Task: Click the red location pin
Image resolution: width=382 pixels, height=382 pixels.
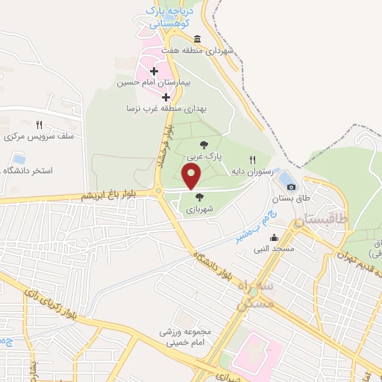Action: pos(192,176)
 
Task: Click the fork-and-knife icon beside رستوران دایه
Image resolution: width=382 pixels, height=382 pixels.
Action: pos(252,160)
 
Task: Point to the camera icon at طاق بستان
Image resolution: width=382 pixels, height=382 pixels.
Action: pos(291,187)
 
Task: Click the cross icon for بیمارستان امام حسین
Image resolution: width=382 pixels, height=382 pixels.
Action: pos(154,72)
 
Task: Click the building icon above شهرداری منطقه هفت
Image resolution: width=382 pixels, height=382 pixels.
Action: pos(197,40)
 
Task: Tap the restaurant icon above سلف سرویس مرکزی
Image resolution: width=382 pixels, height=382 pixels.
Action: pos(39,125)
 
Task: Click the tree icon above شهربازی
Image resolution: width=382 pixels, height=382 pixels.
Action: pos(199,197)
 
